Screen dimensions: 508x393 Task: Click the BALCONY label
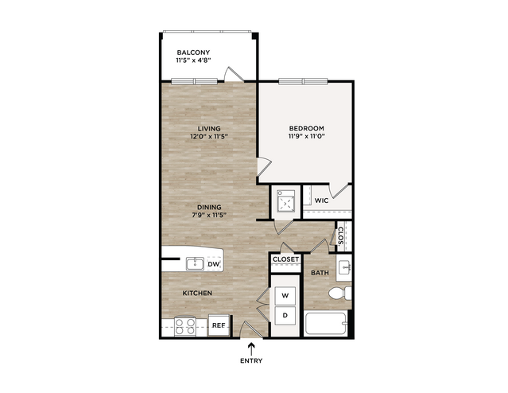(193, 53)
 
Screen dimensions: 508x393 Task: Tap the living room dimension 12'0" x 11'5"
(209, 137)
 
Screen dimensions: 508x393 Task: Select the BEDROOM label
(307, 128)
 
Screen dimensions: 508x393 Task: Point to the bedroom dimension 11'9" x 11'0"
(307, 136)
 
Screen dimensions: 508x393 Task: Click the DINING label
(209, 207)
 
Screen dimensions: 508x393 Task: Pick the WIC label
(321, 200)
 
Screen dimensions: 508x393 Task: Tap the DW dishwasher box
(214, 264)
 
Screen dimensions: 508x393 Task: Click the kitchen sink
(195, 263)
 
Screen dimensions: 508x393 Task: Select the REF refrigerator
(219, 325)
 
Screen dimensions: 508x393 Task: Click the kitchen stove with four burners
(185, 326)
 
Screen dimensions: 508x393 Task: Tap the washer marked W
(285, 296)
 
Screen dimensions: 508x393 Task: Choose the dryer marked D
(285, 315)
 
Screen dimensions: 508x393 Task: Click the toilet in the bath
(339, 293)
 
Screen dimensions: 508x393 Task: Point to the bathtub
(326, 324)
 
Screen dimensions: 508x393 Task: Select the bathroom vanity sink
(343, 267)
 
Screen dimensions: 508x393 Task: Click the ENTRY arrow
(251, 349)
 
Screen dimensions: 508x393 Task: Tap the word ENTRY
(251, 360)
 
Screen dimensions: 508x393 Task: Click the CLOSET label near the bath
(285, 259)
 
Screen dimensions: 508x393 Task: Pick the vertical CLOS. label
(340, 237)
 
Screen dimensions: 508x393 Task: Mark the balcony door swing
(233, 74)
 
